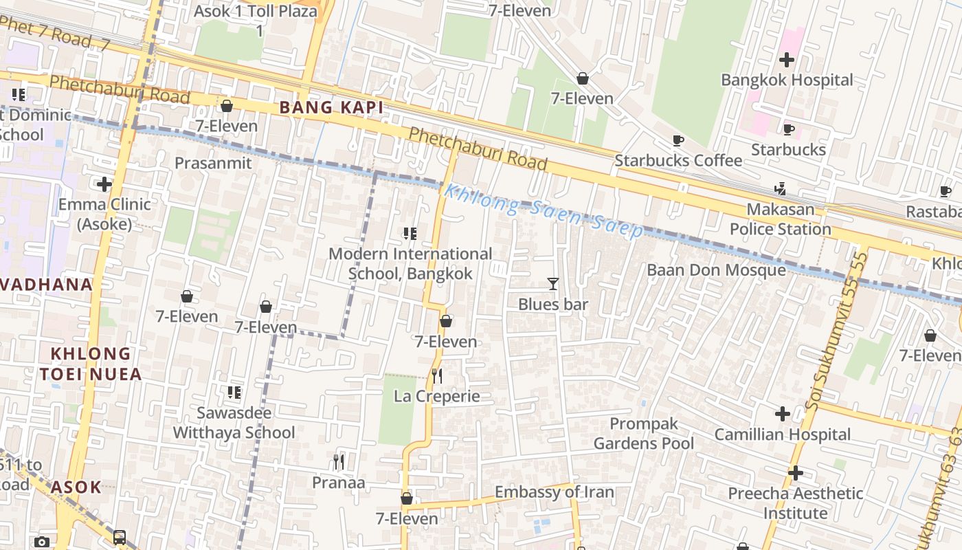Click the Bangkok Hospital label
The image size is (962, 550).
787,80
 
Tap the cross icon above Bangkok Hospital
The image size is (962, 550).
787,60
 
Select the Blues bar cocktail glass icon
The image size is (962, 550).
552,283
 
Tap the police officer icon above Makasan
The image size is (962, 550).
780,188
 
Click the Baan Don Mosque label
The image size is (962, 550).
716,269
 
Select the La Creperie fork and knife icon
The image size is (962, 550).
436,376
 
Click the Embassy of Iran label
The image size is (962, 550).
554,492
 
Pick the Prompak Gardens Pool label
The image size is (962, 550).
644,433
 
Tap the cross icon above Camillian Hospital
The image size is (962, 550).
782,414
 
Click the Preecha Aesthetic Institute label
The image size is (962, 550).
795,503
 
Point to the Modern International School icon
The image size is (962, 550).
410,234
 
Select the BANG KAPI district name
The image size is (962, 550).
331,107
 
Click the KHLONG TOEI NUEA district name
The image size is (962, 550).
90,364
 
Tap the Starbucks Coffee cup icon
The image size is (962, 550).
678,141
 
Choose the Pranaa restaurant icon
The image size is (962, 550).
338,461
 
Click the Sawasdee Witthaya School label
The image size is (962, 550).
234,423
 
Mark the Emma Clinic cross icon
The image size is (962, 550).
104,184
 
